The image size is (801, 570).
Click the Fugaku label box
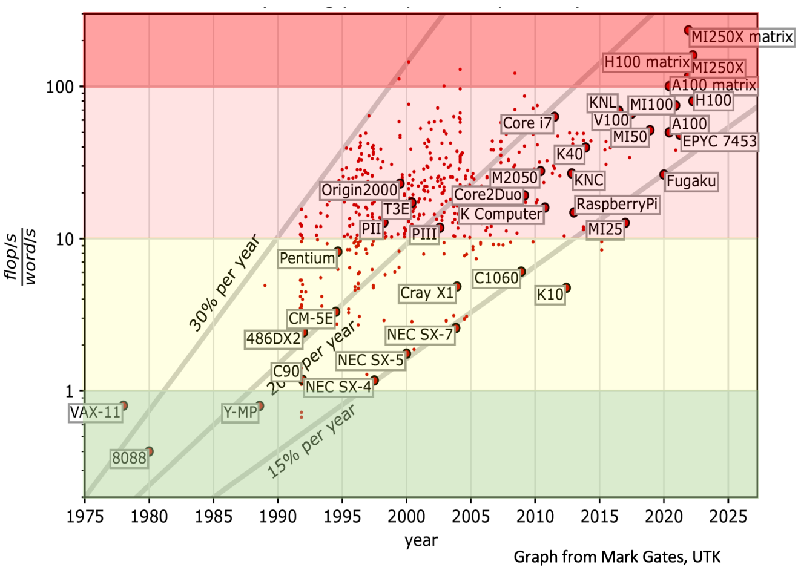point(691,181)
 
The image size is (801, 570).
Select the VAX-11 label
point(96,413)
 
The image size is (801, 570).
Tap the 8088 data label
point(130,458)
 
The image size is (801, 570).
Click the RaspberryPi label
point(616,205)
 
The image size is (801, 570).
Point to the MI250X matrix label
point(742,38)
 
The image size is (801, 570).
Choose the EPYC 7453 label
point(719,142)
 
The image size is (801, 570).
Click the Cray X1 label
point(427,293)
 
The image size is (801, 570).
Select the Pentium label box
point(307,258)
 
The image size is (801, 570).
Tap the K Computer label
point(501,214)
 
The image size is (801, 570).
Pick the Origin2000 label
point(360,190)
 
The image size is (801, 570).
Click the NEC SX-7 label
point(420,335)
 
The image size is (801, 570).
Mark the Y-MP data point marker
point(260,406)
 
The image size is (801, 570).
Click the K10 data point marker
point(566,288)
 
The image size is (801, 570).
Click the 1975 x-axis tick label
point(85,517)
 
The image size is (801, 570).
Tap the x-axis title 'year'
point(421,540)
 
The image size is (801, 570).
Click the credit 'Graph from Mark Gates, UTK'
point(617,556)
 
